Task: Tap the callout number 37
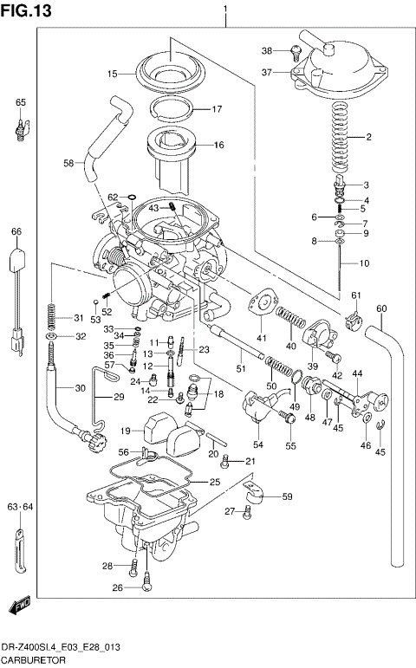(268, 73)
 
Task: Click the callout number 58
(68, 163)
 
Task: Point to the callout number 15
(113, 75)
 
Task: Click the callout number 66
(16, 232)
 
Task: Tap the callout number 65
(20, 103)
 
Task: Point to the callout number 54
(257, 444)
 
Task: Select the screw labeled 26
(147, 587)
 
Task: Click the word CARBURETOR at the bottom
(34, 660)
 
